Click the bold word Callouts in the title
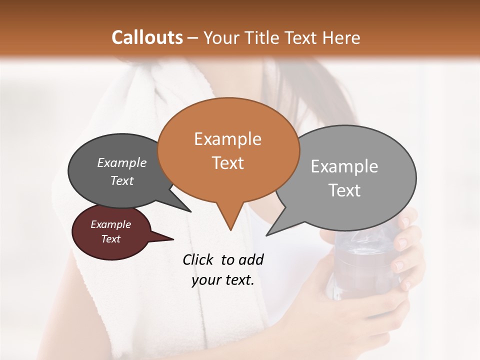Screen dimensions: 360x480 point(147,37)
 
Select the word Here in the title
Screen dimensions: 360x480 point(341,37)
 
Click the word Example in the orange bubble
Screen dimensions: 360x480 point(227,139)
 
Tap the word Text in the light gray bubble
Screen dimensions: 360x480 point(344,190)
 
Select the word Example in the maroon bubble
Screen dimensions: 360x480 point(110,224)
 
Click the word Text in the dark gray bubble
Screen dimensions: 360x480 point(122,180)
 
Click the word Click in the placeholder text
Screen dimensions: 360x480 point(198,259)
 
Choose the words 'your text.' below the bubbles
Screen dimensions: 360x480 point(223,280)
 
